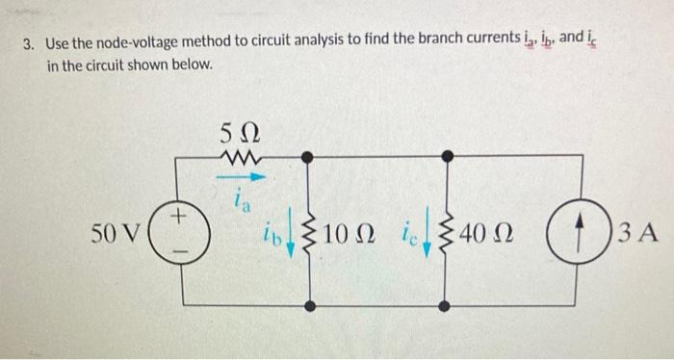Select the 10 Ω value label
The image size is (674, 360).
350,233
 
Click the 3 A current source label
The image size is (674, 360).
636,233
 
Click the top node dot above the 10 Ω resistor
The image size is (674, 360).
308,156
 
